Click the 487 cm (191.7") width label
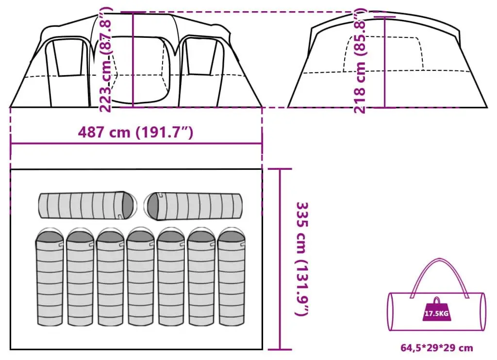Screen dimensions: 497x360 [x=135, y=132]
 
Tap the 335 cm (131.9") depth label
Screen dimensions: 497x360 [x=302, y=259]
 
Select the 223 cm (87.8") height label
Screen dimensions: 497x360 [x=105, y=60]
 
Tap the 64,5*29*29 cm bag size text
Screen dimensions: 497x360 [x=437, y=348]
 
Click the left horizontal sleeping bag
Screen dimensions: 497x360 [x=88, y=205]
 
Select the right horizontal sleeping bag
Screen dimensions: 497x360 [x=193, y=206]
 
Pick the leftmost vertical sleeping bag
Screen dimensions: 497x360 [x=50, y=277]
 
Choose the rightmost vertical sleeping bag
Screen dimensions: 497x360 [x=232, y=277]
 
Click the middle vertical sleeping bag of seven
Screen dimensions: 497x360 [x=140, y=277]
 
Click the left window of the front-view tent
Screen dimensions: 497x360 [x=69, y=58]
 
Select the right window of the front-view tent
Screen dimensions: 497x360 [x=201, y=57]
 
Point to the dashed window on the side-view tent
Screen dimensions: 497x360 [x=383, y=54]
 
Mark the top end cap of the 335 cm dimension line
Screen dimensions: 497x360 [x=280, y=169]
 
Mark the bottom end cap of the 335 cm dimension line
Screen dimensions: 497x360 [x=280, y=350]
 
